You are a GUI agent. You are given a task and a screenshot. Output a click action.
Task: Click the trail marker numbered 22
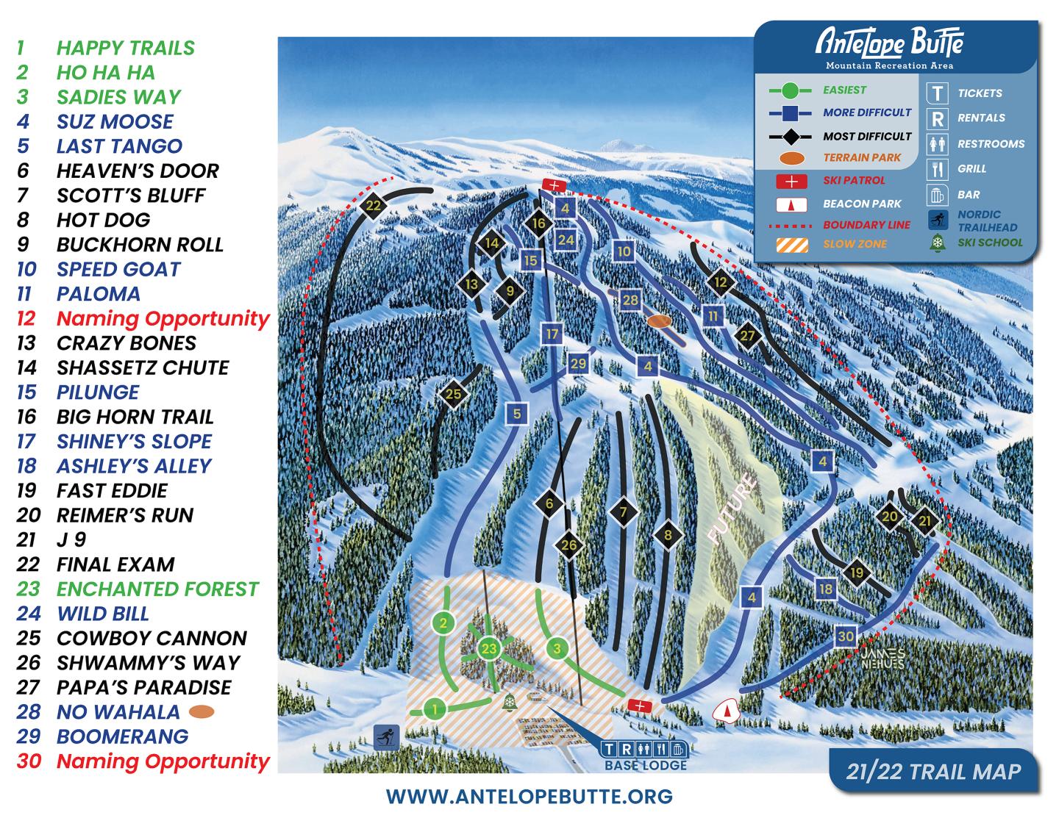(374, 205)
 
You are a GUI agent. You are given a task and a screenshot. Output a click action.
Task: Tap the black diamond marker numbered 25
(453, 394)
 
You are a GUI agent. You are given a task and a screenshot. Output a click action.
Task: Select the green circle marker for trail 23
(490, 648)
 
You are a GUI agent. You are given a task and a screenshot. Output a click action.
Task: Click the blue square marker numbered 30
(846, 636)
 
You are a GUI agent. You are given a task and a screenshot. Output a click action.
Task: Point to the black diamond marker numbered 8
(668, 535)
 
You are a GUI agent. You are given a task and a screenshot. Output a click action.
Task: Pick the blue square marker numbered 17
(552, 334)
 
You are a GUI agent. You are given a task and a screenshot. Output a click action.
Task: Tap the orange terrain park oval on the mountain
(659, 321)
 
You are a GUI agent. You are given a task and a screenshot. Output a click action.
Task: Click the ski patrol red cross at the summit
(553, 184)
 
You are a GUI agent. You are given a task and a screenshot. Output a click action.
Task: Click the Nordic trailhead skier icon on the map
(386, 735)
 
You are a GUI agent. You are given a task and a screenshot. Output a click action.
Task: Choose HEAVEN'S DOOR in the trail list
(138, 171)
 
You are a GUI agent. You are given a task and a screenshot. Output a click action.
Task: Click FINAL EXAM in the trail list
(115, 564)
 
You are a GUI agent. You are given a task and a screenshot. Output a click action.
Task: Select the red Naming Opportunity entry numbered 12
(163, 318)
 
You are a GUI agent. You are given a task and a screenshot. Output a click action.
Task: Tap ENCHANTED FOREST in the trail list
(157, 589)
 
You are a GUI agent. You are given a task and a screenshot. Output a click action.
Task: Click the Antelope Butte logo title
(889, 43)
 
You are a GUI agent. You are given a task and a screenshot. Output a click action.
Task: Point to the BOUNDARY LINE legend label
(866, 225)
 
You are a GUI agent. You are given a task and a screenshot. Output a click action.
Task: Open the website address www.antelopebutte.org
(529, 796)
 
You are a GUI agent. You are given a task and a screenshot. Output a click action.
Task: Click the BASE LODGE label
(646, 765)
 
